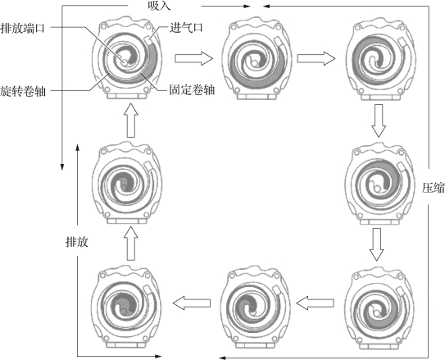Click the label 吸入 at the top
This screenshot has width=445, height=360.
[x=159, y=6]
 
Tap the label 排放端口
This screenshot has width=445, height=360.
[x=22, y=28]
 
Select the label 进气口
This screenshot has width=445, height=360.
[x=187, y=28]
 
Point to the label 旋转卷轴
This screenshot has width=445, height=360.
[x=23, y=91]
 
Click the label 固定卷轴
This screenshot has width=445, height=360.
[x=192, y=90]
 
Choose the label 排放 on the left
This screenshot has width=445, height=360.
[x=77, y=242]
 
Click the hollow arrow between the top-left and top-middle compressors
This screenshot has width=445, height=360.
[x=194, y=58]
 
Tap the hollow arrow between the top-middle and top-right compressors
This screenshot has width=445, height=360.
[x=316, y=58]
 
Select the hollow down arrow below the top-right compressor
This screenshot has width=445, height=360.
[x=379, y=121]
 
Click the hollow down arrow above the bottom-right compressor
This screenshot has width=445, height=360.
[x=377, y=244]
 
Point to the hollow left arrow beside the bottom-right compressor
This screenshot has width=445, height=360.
[x=315, y=303]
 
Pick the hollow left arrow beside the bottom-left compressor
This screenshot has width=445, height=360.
[x=192, y=303]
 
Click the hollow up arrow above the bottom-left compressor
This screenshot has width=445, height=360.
[x=131, y=244]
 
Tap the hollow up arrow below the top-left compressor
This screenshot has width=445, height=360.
[x=131, y=121]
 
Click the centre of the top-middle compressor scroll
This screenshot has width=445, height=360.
[x=255, y=61]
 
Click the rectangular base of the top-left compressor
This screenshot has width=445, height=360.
[x=127, y=96]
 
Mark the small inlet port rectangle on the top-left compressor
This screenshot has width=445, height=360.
[x=148, y=39]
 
